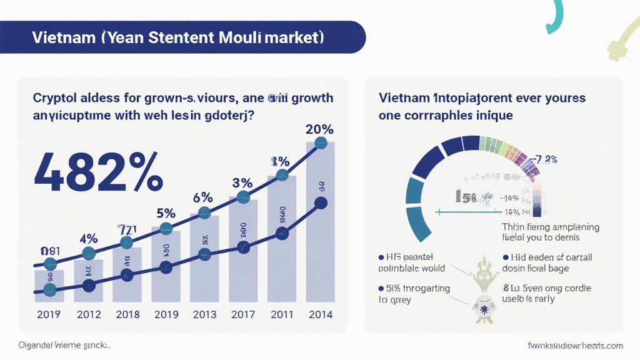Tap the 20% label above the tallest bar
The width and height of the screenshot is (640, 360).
pos(319,129)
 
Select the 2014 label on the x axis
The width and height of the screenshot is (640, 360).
pos(320,314)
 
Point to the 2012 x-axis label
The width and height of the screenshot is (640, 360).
pos(89,314)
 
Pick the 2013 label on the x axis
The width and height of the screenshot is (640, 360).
pos(204,314)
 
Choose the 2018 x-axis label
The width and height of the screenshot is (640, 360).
pos(127,314)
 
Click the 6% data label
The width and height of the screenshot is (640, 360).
pos(203,197)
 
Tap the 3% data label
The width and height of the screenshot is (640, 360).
pos(242,183)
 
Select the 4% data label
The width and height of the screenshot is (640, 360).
pos(89,239)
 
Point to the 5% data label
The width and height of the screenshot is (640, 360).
pos(166,213)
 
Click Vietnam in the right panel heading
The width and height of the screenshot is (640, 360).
pos(404,98)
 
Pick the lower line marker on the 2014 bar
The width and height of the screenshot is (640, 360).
pos(321,202)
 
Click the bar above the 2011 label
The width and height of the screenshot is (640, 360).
pos(282,237)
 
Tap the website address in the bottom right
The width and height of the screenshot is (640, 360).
pos(575,346)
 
